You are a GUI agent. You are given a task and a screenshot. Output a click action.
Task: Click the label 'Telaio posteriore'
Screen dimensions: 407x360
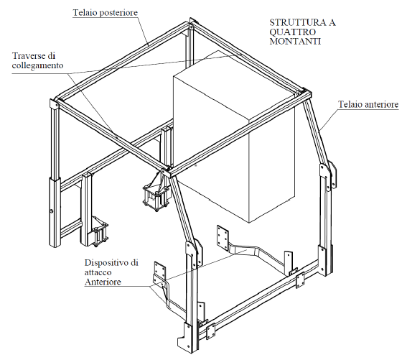(x=105, y=12)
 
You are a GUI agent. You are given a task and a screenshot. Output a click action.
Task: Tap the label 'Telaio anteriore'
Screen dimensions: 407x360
(x=368, y=104)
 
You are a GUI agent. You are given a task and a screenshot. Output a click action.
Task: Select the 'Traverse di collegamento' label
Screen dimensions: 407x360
(x=37, y=60)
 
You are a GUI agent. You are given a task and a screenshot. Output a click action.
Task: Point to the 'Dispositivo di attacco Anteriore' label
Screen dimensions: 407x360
(x=111, y=272)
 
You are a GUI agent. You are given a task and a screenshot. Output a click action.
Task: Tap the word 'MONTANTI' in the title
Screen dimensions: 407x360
(x=295, y=41)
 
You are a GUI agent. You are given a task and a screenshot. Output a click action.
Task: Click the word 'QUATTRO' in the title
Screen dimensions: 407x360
(x=293, y=32)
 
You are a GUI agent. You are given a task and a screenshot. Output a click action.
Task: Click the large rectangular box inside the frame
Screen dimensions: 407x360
(x=234, y=138)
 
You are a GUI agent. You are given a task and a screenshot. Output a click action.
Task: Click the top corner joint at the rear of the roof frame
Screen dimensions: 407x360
(x=192, y=24)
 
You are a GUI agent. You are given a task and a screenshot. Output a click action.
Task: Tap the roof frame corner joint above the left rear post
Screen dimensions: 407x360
(x=55, y=103)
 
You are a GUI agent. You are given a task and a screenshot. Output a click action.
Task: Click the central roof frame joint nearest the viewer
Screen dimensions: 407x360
(x=166, y=172)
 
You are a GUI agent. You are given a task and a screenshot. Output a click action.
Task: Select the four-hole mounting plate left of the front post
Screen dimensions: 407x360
(x=160, y=269)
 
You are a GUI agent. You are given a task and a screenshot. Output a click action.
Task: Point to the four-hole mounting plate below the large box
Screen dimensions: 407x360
(x=223, y=237)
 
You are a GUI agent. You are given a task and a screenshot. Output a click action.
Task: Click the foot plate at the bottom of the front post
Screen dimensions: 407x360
(x=185, y=337)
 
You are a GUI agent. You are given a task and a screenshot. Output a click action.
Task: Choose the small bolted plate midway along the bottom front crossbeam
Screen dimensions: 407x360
(x=300, y=280)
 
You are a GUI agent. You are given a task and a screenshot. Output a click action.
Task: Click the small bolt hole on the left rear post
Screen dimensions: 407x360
(x=52, y=211)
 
